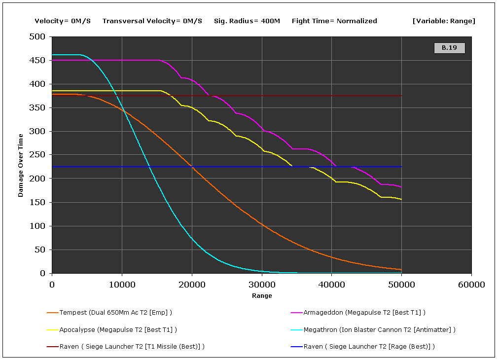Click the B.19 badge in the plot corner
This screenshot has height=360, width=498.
(449, 48)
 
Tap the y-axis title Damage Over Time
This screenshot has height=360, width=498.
(21, 165)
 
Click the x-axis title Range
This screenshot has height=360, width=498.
(261, 296)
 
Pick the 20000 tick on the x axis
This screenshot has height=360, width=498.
(192, 285)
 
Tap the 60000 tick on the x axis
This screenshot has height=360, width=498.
(471, 285)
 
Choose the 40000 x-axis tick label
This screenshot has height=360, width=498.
(331, 285)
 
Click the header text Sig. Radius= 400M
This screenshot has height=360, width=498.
(247, 21)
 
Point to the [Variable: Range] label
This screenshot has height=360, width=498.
(444, 21)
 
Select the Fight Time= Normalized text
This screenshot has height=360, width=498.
(334, 21)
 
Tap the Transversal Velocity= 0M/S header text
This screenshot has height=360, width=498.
(152, 21)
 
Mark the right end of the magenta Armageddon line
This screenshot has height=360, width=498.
(401, 187)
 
